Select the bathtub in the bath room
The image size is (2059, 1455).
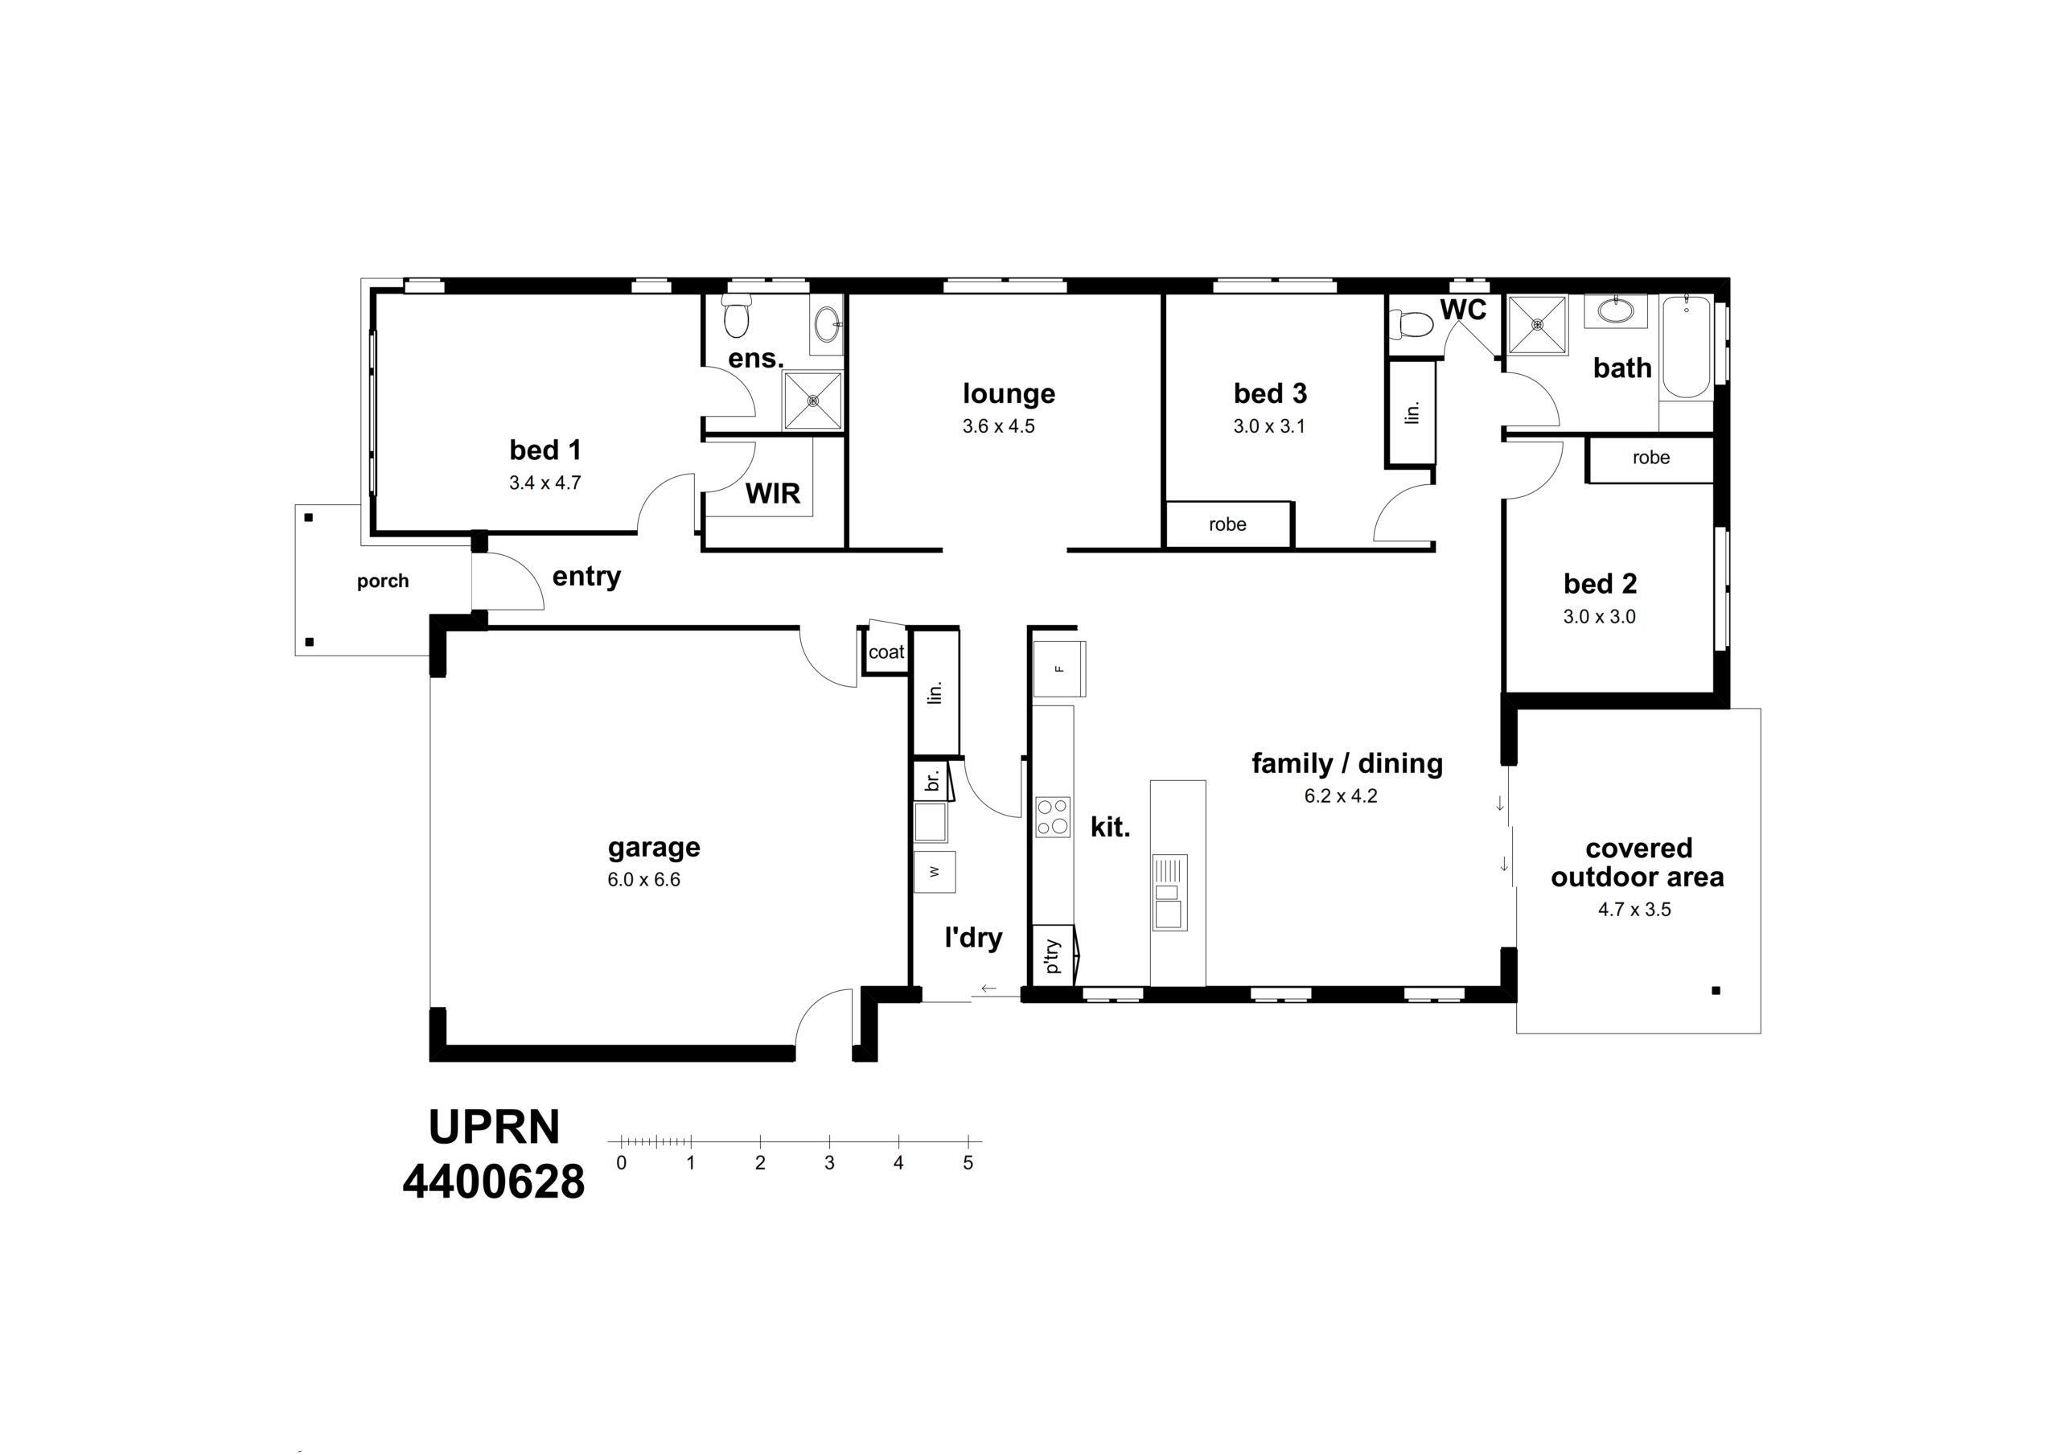[x=1687, y=347]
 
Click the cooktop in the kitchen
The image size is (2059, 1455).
[x=1053, y=816]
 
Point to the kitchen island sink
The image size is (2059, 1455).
[x=1169, y=893]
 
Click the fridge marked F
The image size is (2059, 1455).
[x=1059, y=668]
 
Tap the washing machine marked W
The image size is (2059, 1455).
[x=935, y=871]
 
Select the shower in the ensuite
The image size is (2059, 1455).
[x=813, y=401]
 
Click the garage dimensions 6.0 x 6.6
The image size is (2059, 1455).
[x=644, y=880]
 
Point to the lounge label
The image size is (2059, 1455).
[x=1009, y=394]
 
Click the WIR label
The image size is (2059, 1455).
[x=773, y=493]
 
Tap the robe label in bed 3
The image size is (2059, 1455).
[x=1227, y=524]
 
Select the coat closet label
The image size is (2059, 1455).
[x=887, y=653]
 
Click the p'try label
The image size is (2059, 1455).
[x=1053, y=956]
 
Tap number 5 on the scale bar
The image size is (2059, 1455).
[x=968, y=1162]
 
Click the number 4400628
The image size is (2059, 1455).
[x=494, y=1182]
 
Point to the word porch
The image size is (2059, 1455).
[x=383, y=582]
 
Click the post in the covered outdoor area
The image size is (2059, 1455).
[x=1716, y=991]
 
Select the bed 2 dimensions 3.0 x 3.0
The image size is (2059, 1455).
[x=1600, y=617]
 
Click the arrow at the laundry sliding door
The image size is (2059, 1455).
[x=989, y=988]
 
